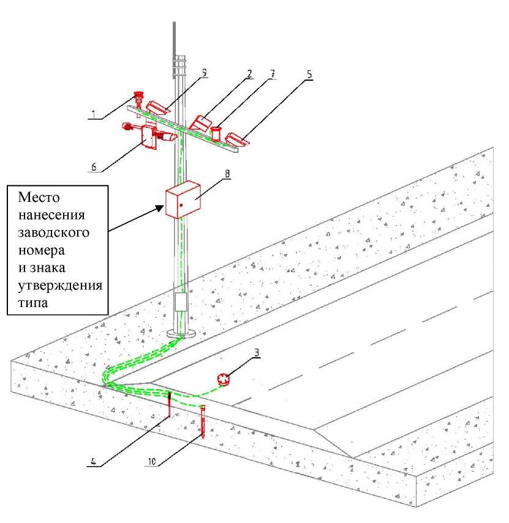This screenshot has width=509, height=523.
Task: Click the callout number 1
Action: click(92, 114)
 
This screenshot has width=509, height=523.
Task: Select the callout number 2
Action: click(249, 73)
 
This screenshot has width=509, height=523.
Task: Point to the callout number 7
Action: click(272, 73)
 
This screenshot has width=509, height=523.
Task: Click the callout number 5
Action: click(309, 73)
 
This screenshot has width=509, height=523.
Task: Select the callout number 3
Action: click(258, 352)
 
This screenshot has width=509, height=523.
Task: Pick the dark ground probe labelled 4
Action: click(170, 406)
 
